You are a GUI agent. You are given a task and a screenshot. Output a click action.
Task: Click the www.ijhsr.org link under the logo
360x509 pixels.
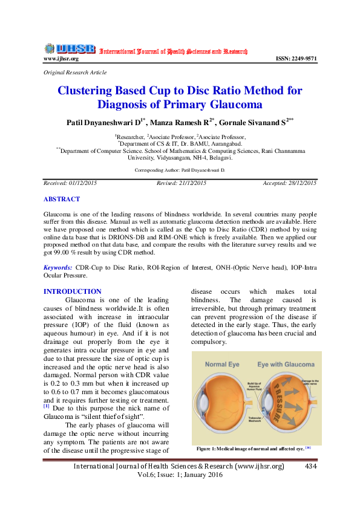tap(61, 59)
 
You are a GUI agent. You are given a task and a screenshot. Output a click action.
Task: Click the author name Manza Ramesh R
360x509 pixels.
tap(180, 123)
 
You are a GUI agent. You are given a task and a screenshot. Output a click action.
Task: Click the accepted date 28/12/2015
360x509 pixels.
tap(303, 183)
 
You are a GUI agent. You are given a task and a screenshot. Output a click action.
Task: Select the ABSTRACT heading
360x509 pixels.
tap(62, 199)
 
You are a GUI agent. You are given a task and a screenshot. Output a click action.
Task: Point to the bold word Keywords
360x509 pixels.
tap(58, 267)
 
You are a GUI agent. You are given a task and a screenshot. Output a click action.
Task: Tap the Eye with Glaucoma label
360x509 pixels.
tap(284, 365)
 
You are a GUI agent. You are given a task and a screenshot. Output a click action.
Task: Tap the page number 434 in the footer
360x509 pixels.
tap(311, 467)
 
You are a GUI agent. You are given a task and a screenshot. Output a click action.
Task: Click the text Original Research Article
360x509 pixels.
tap(75, 73)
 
